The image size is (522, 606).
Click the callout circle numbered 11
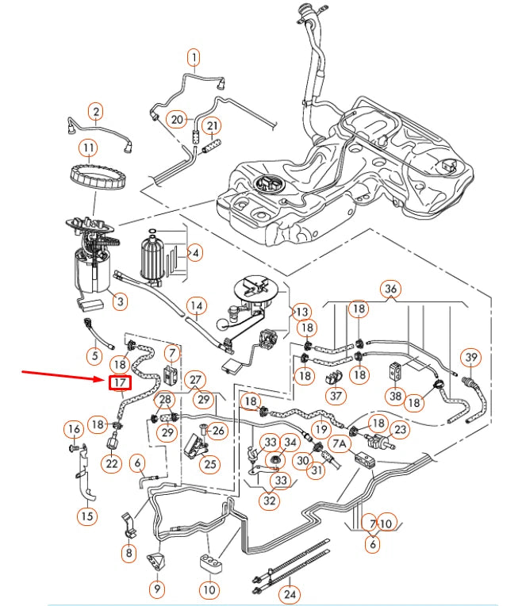pyautogui.click(x=88, y=148)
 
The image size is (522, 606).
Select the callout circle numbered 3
pyautogui.click(x=119, y=301)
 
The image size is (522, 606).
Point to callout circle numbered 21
pyautogui.click(x=213, y=125)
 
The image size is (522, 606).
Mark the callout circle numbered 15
pyautogui.click(x=87, y=516)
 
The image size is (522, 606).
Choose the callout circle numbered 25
pyautogui.click(x=209, y=463)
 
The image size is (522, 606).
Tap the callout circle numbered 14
pyautogui.click(x=196, y=305)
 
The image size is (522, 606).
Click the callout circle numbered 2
pyautogui.click(x=95, y=111)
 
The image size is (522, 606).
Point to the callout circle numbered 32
pyautogui.click(x=271, y=501)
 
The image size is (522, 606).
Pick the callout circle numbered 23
pyautogui.click(x=399, y=429)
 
